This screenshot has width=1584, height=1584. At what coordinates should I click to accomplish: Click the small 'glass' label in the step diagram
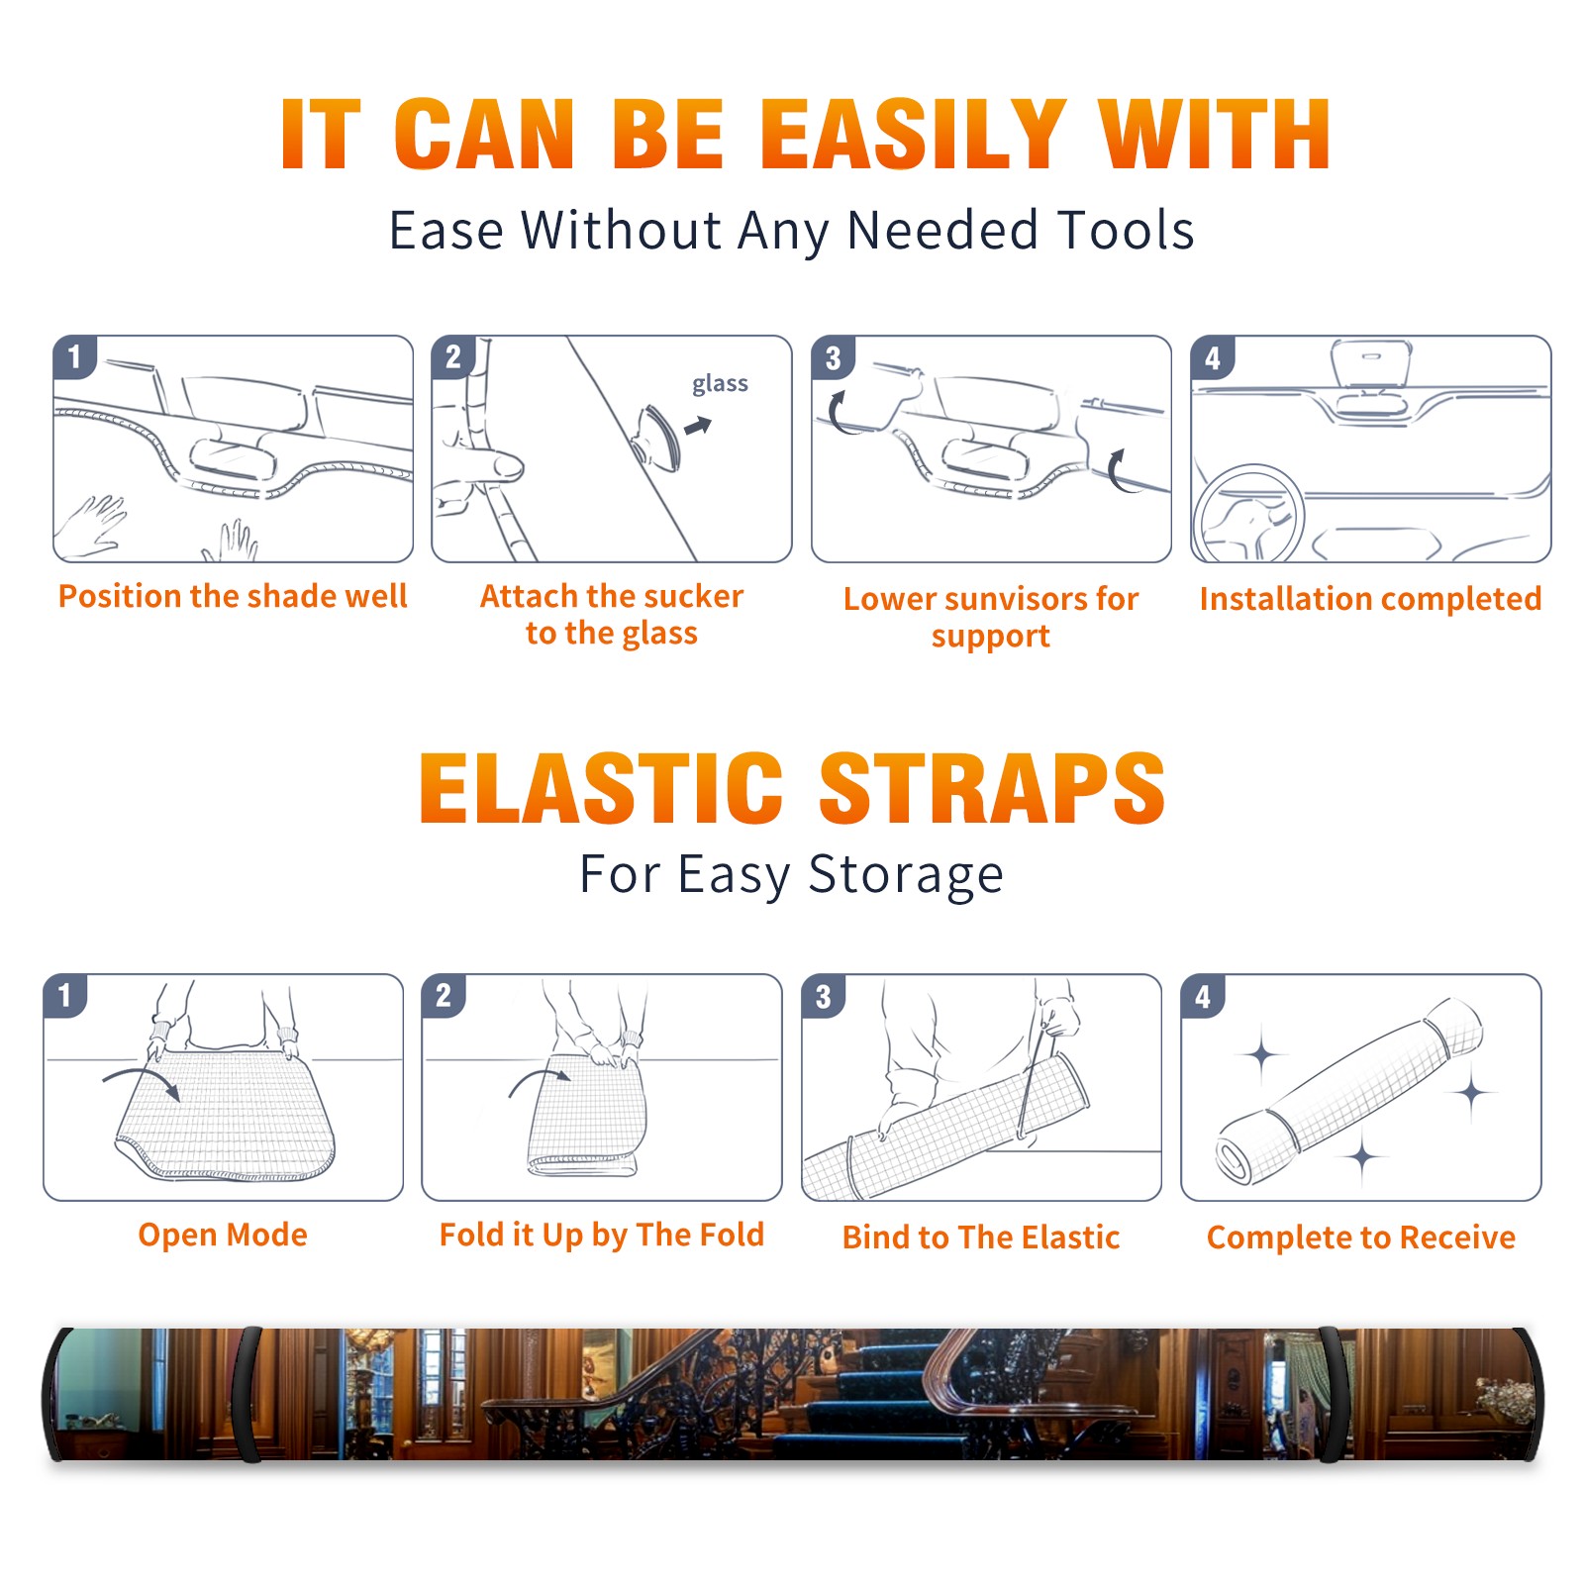[x=720, y=384]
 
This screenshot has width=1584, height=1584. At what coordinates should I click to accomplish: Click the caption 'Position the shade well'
[x=233, y=596]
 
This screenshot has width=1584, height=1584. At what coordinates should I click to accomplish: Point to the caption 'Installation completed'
[x=1370, y=599]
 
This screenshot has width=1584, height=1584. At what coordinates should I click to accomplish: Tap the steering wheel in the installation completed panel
[x=1248, y=513]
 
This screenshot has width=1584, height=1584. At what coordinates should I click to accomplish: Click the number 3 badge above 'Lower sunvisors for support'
[x=834, y=358]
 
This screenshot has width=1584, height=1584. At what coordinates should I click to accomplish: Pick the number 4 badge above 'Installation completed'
[x=1213, y=358]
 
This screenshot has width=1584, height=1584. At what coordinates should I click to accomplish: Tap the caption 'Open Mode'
[x=223, y=1235]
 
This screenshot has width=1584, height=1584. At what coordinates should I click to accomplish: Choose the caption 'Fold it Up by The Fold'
[x=602, y=1236]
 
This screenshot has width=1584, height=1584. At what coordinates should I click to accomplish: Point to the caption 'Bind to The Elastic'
[x=981, y=1237]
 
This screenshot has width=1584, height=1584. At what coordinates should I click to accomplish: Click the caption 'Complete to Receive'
[x=1361, y=1237]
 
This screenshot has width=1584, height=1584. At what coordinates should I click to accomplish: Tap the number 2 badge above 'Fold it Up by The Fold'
[x=444, y=996]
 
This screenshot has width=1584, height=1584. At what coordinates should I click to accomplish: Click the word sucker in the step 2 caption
[x=693, y=596]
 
